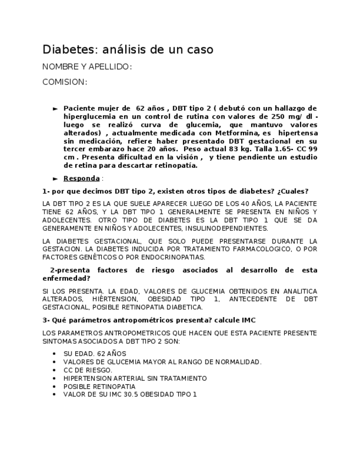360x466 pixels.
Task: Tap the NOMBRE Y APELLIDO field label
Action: (x=87, y=67)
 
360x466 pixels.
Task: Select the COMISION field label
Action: (x=64, y=82)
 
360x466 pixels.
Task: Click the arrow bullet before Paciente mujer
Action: (x=55, y=109)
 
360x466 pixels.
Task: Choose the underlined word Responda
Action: (x=81, y=178)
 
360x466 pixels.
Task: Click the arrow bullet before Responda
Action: (x=55, y=179)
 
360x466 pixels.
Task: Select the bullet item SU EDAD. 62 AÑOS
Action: (x=95, y=354)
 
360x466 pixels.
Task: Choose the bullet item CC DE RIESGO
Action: (x=87, y=370)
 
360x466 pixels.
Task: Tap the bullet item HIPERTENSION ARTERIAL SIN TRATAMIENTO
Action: (x=135, y=378)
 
